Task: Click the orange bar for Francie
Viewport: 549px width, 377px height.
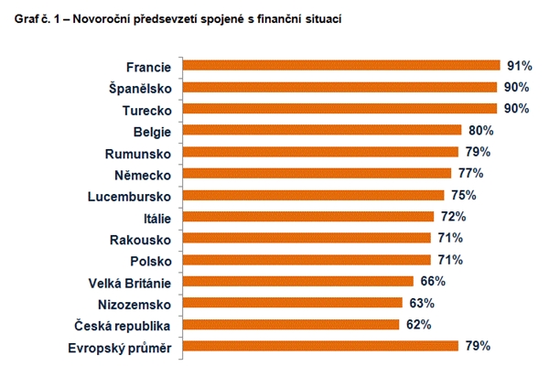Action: click(340, 66)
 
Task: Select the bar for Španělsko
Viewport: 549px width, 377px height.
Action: click(339, 87)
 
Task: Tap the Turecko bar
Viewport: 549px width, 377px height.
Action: click(339, 109)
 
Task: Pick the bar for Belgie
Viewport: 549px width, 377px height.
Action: click(322, 130)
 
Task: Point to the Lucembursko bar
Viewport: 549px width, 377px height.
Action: click(313, 195)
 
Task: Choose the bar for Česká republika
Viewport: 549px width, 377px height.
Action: click(291, 324)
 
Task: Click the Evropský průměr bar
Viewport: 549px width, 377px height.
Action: click(320, 346)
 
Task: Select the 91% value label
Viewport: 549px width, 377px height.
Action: click(518, 66)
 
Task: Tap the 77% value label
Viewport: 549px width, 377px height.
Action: click(470, 173)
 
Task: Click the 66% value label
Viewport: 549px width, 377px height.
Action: click(432, 281)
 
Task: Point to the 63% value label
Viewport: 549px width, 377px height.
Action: click(421, 303)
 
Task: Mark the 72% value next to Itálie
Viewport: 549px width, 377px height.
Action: click(453, 217)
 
